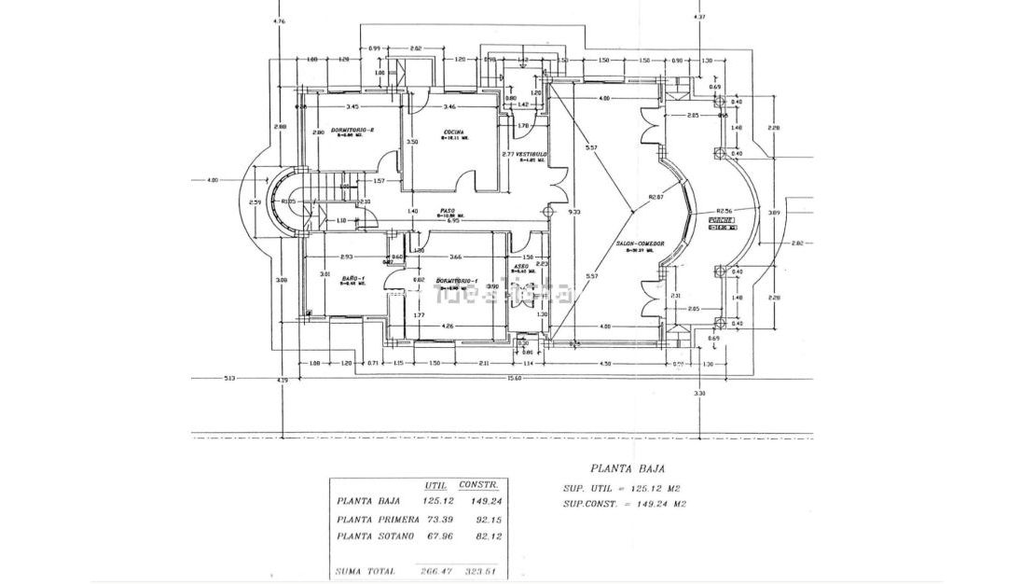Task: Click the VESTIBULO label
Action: (x=531, y=154)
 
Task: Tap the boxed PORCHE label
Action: (x=722, y=222)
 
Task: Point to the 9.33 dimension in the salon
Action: (x=573, y=211)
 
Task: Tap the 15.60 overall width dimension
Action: (x=514, y=378)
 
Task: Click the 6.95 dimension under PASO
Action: (x=453, y=221)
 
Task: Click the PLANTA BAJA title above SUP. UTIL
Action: (x=628, y=469)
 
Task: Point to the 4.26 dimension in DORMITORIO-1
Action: (x=448, y=326)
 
